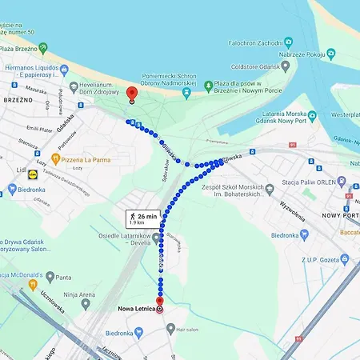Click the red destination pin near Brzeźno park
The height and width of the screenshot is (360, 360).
coord(132,94)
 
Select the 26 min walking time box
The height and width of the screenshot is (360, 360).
coord(142,218)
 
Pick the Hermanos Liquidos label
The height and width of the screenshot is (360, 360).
coord(40,70)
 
